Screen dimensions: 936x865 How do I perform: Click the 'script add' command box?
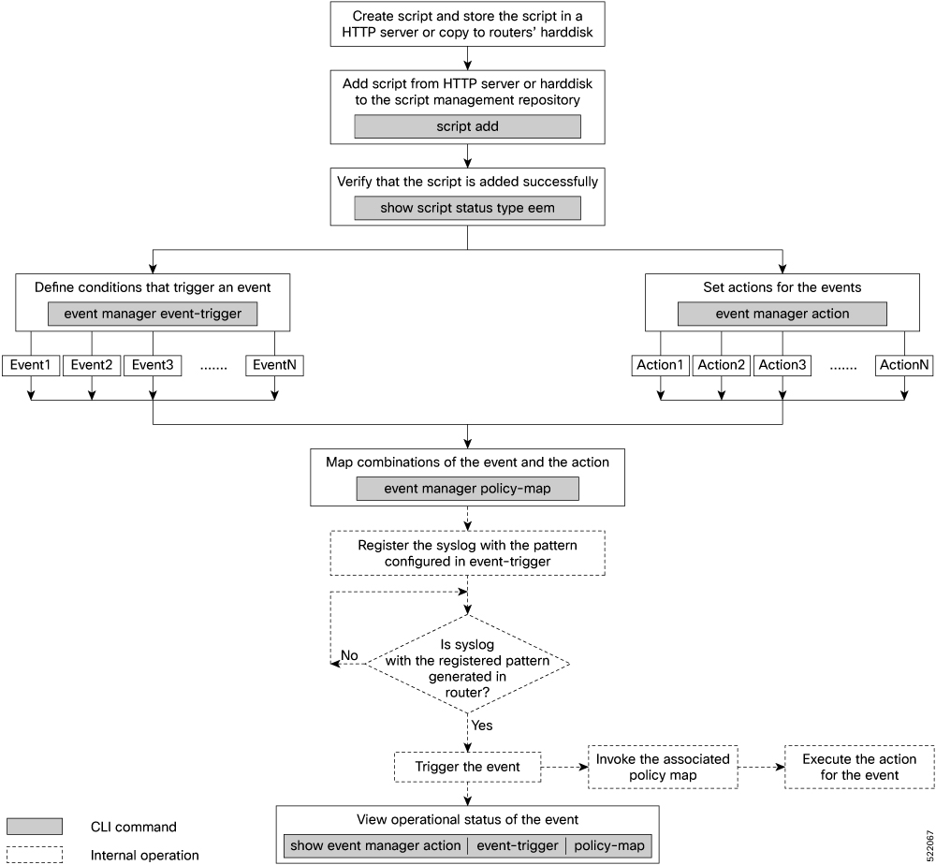[x=467, y=126]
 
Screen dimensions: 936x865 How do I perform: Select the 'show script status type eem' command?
[x=467, y=209]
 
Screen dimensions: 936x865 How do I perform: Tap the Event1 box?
[x=31, y=365]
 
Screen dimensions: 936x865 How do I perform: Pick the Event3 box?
[x=153, y=365]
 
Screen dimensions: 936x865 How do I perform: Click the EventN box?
[x=274, y=365]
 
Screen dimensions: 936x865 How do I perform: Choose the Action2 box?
[x=722, y=365]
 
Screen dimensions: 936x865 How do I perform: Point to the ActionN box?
[x=904, y=365]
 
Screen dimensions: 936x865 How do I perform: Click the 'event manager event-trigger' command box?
[x=153, y=314]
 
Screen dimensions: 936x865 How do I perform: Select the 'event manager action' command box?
[x=782, y=314]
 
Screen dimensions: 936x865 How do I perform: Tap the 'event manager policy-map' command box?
[x=467, y=489]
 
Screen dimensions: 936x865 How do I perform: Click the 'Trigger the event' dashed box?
[x=467, y=767]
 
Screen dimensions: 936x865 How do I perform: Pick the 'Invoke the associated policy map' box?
[x=663, y=767]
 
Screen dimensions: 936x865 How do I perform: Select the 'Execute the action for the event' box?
[x=859, y=767]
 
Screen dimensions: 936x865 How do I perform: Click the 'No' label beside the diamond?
[x=349, y=655]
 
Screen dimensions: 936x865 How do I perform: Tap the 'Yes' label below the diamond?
[x=482, y=726]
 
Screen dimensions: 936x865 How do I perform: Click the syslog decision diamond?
[x=467, y=664]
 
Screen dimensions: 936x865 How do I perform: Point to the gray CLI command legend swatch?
[x=35, y=827]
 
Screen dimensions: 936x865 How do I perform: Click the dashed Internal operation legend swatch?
[x=35, y=855]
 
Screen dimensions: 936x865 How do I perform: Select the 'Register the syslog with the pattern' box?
[x=467, y=553]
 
